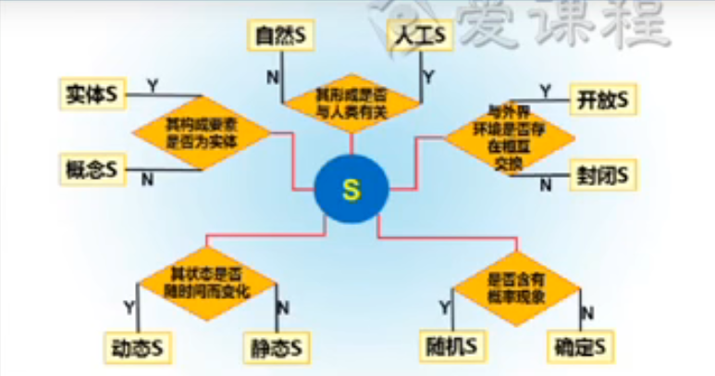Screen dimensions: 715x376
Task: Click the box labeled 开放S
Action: [598, 96]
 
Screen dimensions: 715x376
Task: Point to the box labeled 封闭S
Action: [598, 172]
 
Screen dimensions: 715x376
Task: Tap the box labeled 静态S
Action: [277, 349]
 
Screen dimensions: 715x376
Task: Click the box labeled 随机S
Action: [452, 347]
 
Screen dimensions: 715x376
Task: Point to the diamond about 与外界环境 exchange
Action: [509, 135]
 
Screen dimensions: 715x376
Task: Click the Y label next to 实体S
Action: [152, 85]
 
